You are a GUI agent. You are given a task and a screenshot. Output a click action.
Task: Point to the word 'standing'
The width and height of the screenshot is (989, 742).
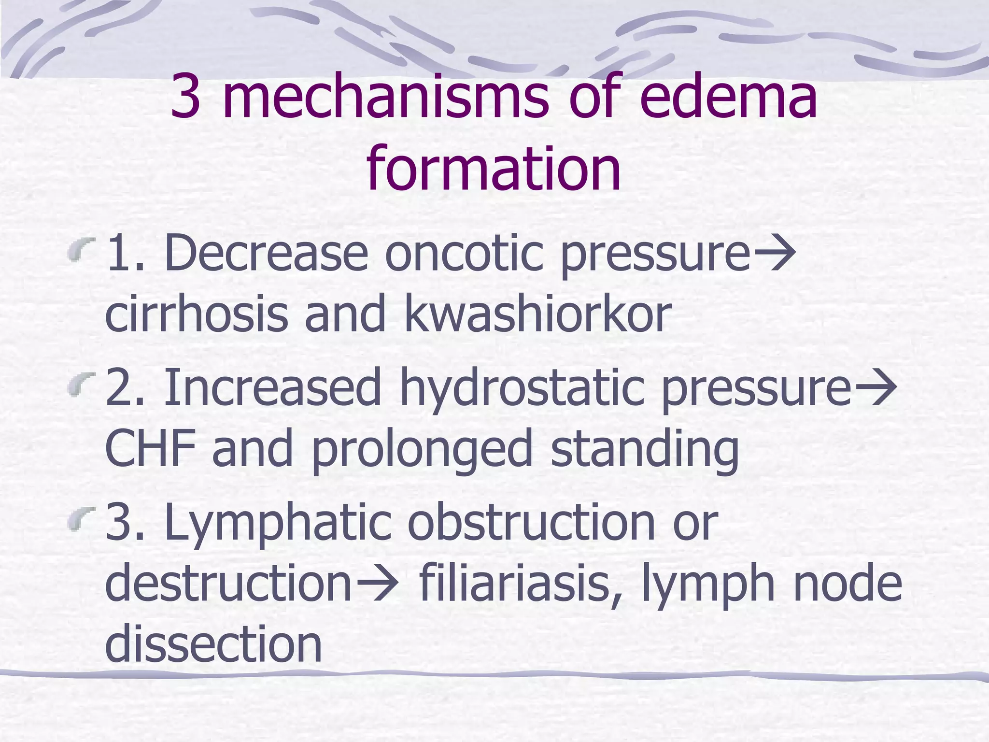point(645,449)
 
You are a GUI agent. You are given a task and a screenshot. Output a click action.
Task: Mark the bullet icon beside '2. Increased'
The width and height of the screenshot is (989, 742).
point(79,386)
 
